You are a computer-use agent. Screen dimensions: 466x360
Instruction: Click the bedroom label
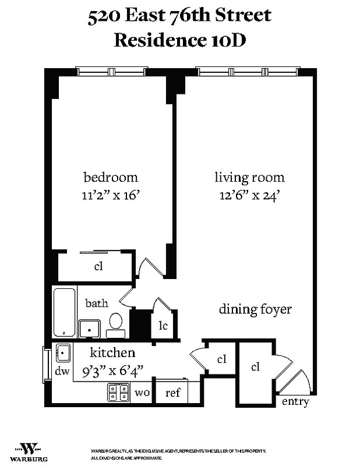coord(111,178)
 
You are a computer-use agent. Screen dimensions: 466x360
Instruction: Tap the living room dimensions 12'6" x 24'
coord(249,195)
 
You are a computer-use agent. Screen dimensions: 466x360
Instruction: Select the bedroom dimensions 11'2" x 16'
coord(111,195)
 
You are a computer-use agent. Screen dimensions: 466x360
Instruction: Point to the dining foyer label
coord(255,309)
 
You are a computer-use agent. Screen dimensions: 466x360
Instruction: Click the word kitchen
coord(112,352)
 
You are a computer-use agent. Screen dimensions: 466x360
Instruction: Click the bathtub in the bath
coord(64,312)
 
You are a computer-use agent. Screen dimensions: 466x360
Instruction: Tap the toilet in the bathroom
coord(116,324)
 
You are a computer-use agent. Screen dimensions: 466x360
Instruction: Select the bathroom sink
coord(89,328)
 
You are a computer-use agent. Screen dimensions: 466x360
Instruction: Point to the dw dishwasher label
coord(62,370)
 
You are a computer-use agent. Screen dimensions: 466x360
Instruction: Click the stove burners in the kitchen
coord(118,393)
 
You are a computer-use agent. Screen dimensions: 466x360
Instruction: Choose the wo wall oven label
coord(142,393)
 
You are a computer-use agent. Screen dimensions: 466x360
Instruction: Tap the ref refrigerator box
coord(172,393)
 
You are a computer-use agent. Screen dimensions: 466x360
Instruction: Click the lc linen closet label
coord(163,326)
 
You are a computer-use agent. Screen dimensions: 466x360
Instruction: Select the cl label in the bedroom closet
coord(98,267)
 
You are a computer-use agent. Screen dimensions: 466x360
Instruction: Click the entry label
coord(295,402)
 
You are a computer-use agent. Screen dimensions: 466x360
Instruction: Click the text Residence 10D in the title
coord(179,41)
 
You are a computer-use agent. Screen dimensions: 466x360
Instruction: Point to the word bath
coord(97,303)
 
